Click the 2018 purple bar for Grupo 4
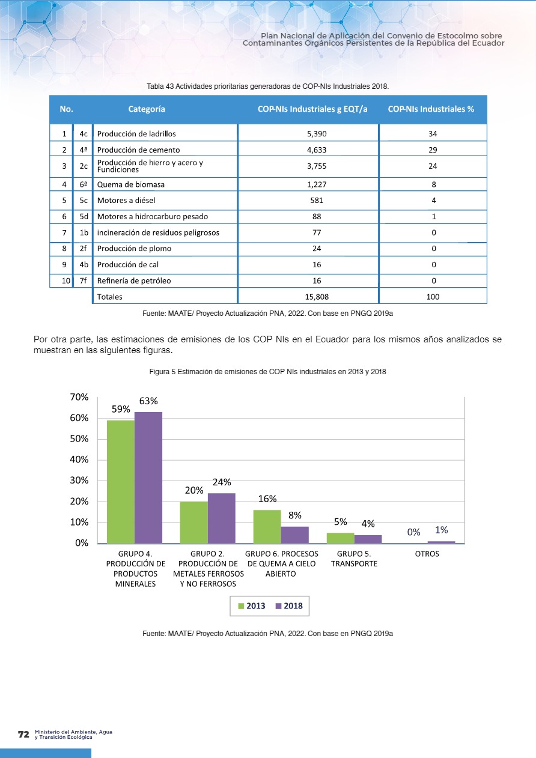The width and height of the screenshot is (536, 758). coord(148,478)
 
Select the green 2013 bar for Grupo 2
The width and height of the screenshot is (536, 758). coord(193,522)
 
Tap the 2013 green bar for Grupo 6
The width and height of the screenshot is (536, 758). coord(267,526)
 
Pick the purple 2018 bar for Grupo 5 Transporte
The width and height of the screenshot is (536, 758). coord(368,539)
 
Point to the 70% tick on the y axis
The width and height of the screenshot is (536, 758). coord(79,398)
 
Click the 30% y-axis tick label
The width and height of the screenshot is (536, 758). coord(79,481)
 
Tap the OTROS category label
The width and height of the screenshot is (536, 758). coord(427,554)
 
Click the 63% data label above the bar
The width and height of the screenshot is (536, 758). coord(148,401)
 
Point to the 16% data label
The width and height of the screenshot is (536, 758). coord(267,499)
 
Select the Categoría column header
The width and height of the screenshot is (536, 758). coord(147,109)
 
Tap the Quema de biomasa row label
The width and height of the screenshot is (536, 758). coord(130,184)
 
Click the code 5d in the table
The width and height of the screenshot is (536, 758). coord(84,216)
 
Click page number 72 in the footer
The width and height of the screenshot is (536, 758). coord(23,735)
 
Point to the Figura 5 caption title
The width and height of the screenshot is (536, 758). coord(267,372)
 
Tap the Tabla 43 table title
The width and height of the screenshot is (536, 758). coord(268,86)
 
